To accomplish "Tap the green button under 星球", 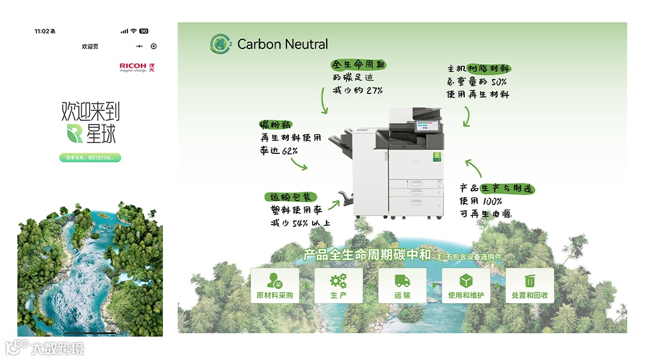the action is pos(90,158).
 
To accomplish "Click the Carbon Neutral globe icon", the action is pos(220,44).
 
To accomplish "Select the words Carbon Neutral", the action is pos(283,44).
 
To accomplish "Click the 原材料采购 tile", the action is pos(275,285).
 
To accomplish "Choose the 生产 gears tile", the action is pos(338,285).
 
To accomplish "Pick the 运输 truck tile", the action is pos(402,285).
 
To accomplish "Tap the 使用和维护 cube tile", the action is pos(465,285).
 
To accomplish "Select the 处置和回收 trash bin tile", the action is pos(530,285).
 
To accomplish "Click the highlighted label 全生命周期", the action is pos(358,65).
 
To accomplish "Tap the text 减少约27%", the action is pos(358,90).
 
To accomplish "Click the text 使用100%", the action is pos(480,201).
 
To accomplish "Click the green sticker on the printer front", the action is pos(438,157).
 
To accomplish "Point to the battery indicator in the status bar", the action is pos(144,31).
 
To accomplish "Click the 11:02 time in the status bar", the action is pos(42,31).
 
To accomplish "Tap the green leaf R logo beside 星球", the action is pos(75,134).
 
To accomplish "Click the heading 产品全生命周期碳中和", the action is pos(367,255).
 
